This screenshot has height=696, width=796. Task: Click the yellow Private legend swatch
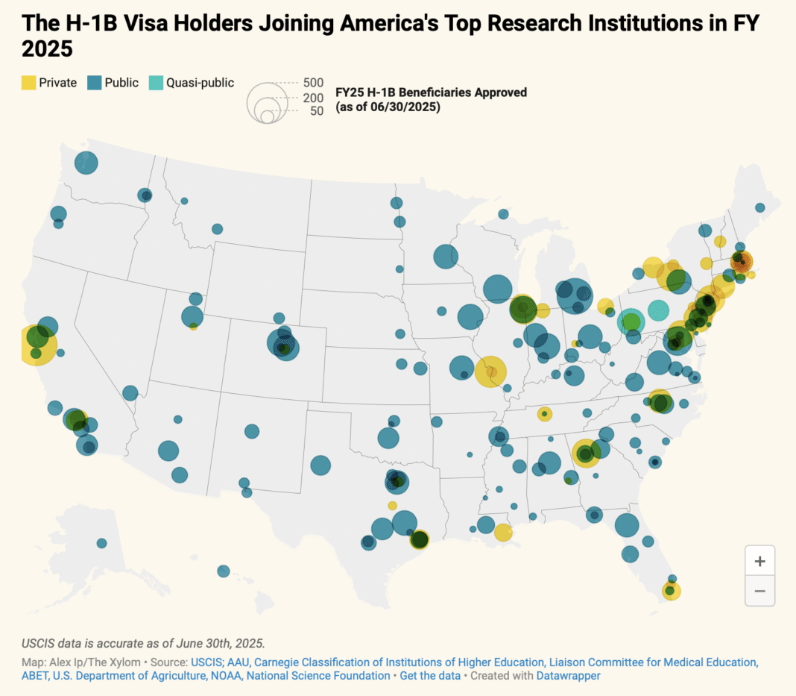pyautogui.click(x=28, y=83)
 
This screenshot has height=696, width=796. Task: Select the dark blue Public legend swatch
pyautogui.click(x=95, y=83)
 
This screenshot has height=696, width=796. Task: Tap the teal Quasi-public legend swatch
pyautogui.click(x=157, y=83)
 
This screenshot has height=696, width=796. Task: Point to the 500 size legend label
pyautogui.click(x=313, y=83)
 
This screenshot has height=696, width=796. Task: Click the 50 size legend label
pyautogui.click(x=316, y=111)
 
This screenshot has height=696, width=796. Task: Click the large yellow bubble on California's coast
pyautogui.click(x=35, y=345)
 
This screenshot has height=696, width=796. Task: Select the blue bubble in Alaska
pyautogui.click(x=101, y=543)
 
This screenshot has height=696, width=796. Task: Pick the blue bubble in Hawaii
pyautogui.click(x=224, y=571)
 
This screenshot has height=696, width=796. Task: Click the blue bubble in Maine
pyautogui.click(x=759, y=207)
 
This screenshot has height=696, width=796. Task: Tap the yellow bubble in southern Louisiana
pyautogui.click(x=503, y=532)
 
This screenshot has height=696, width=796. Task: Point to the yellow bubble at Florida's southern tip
pyautogui.click(x=671, y=591)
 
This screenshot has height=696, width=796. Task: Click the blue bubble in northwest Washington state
pyautogui.click(x=86, y=162)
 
